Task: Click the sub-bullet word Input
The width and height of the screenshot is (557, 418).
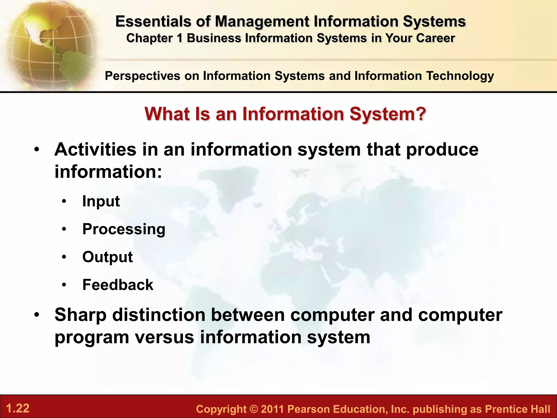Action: [101, 202]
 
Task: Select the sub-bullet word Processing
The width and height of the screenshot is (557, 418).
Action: [124, 229]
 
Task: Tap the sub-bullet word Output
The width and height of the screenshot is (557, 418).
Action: [107, 257]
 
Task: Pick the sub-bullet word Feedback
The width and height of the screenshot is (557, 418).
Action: [118, 285]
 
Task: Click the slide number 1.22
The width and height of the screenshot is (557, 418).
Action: [18, 408]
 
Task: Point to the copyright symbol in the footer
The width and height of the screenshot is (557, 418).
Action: [253, 409]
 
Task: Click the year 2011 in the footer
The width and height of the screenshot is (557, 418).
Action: [272, 409]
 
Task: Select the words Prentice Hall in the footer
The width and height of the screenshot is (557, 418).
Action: [518, 409]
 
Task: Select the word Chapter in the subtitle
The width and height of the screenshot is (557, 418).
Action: [150, 38]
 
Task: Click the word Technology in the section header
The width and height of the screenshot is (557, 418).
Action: [460, 76]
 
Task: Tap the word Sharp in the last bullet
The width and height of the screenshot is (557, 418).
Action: [81, 315]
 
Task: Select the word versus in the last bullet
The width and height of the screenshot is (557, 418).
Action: [165, 337]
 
